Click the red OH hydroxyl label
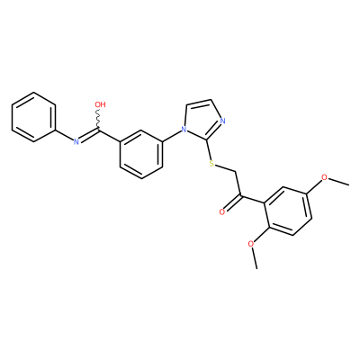click(x=100, y=104)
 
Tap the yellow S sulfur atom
click(x=211, y=164)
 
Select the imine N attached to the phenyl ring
click(x=76, y=141)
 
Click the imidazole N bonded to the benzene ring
click(x=184, y=130)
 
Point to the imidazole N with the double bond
click(x=222, y=121)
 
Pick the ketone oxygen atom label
click(x=222, y=211)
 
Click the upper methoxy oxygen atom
click(x=325, y=177)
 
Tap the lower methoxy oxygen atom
click(x=251, y=244)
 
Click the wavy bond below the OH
click(x=99, y=120)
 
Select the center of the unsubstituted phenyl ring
click(x=34, y=117)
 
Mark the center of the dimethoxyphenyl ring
click(x=289, y=211)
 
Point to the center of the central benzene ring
click(x=141, y=154)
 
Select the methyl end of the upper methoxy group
click(x=348, y=184)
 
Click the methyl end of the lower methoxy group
click(x=256, y=268)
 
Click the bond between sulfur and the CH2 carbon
click(x=225, y=168)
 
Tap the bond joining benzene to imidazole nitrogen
click(x=172, y=136)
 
